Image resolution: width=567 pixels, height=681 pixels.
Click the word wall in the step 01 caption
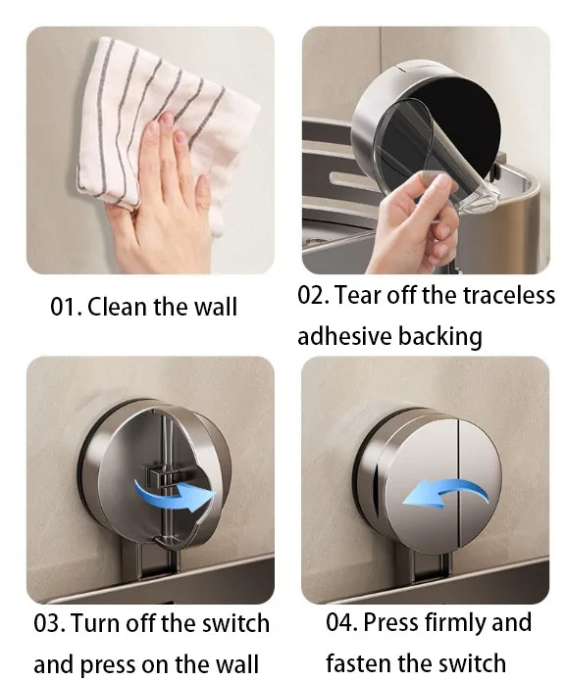tap(215, 307)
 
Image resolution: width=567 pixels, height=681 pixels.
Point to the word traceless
tap(509, 295)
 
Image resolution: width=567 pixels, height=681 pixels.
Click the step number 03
tap(49, 623)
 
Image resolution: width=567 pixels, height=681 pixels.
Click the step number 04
tap(341, 622)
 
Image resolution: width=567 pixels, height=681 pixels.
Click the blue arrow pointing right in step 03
tap(177, 493)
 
